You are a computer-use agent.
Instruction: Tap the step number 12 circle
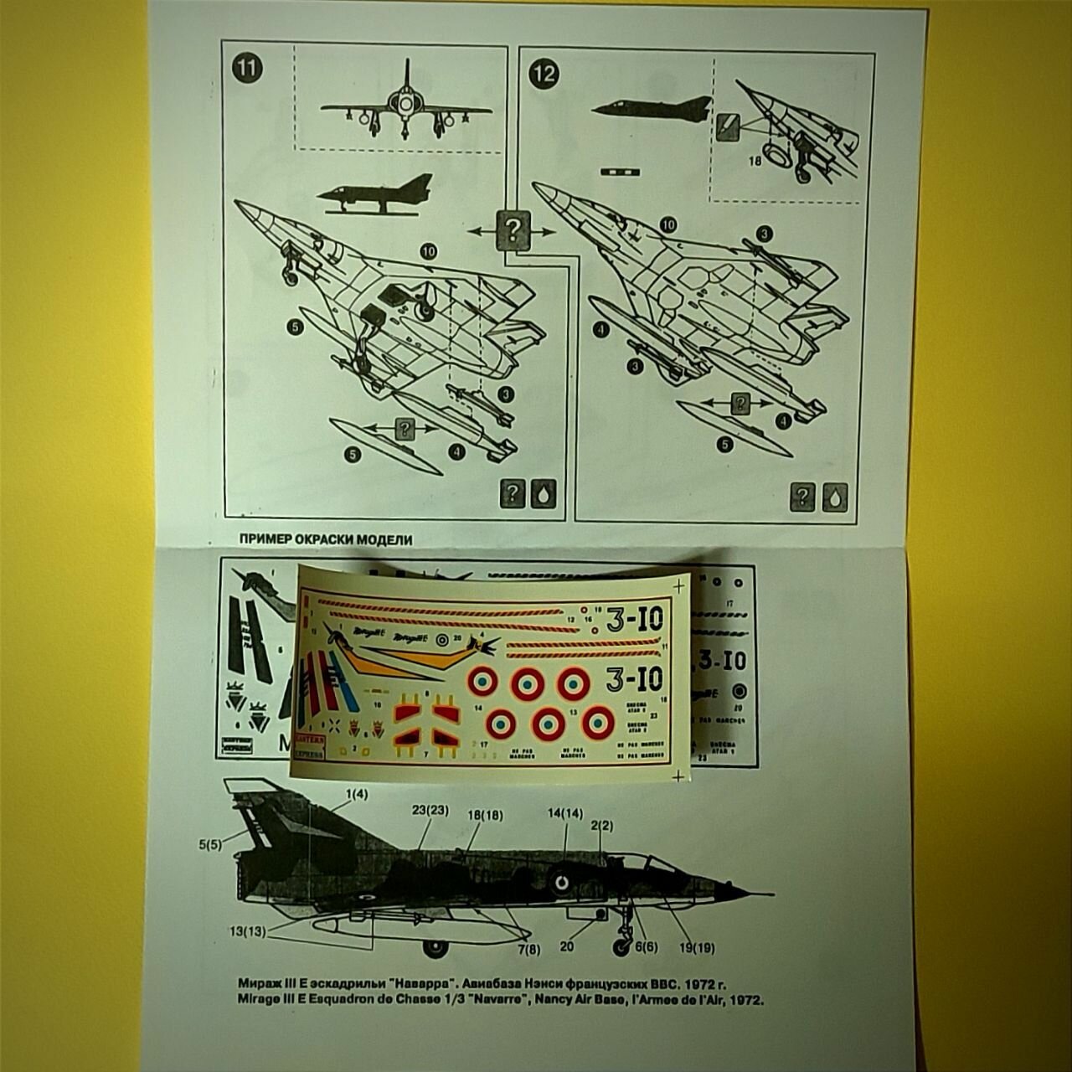click(542, 73)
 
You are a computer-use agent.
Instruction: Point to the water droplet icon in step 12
click(835, 497)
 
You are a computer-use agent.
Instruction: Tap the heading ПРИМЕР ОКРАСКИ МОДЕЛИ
click(326, 540)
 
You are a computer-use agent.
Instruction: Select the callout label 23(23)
click(430, 811)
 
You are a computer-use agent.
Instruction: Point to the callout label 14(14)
click(565, 812)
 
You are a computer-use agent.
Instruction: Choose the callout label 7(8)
click(529, 949)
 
